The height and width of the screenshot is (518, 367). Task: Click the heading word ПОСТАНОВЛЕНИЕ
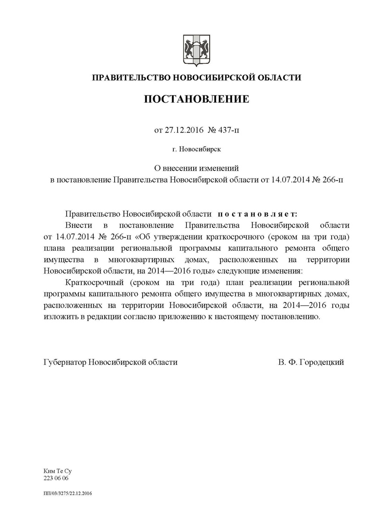point(197,99)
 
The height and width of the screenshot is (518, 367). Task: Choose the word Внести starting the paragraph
point(79,226)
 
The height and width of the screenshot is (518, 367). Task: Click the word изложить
point(59,316)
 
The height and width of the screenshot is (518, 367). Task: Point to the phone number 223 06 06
point(55,478)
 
